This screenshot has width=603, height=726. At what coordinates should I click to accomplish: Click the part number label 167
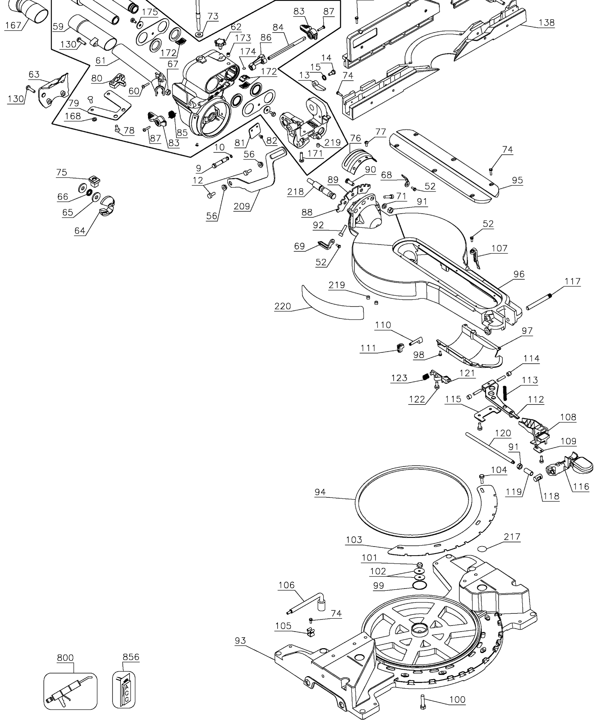(13, 25)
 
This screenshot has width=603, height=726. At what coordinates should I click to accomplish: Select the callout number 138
(546, 23)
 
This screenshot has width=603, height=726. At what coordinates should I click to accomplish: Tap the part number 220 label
(282, 306)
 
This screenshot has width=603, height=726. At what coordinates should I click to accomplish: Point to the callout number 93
(240, 641)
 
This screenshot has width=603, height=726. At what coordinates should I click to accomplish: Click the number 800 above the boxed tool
(65, 657)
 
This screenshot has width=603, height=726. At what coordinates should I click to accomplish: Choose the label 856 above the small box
(131, 657)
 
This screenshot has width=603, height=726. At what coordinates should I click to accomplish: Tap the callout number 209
(242, 206)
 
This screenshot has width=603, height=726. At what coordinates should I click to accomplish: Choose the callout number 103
(354, 540)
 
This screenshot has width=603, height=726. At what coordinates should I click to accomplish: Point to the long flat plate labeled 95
(446, 162)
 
